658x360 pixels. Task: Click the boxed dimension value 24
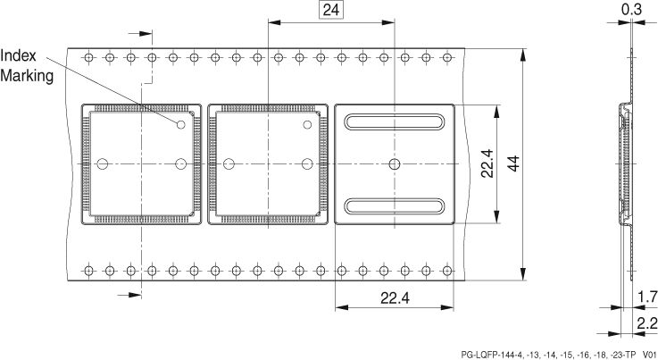[x=331, y=11]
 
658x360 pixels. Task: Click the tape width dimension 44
[x=513, y=163]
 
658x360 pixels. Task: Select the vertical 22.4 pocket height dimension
[x=487, y=163]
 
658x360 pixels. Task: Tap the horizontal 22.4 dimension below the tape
[x=395, y=298]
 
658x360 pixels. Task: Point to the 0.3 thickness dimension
[x=629, y=10]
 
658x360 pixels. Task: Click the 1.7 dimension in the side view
[x=647, y=295]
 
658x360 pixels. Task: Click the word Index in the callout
[x=19, y=56]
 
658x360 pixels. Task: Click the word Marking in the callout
[x=28, y=75]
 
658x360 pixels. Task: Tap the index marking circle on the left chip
[x=180, y=124]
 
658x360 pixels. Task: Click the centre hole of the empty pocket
[x=395, y=163]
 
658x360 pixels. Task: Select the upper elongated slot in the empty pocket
[x=395, y=122]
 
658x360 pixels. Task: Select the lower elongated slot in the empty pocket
[x=395, y=205]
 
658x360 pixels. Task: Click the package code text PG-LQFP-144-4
[x=500, y=353]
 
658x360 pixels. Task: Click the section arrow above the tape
[x=137, y=33]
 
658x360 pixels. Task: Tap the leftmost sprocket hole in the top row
[x=87, y=57]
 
